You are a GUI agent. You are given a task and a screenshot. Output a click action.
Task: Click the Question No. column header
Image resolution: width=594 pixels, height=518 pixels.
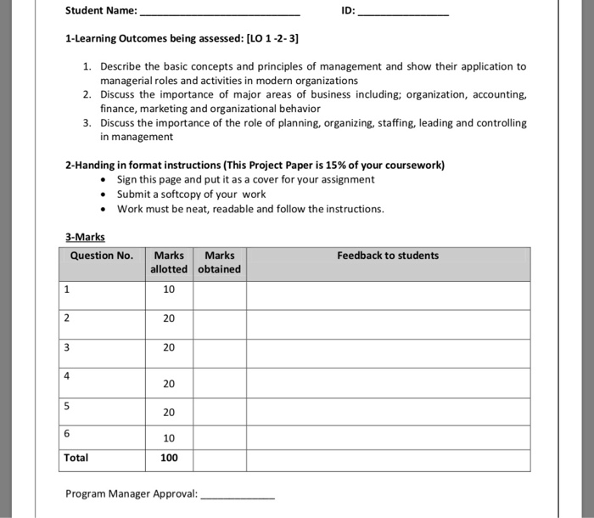[x=102, y=256]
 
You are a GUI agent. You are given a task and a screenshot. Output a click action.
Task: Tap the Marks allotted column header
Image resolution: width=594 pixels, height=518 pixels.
[x=169, y=262]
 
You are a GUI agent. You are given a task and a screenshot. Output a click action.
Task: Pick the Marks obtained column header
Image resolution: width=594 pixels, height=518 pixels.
[x=220, y=262]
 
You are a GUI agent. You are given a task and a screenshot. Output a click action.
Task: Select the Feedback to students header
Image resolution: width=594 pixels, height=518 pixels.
[x=388, y=256]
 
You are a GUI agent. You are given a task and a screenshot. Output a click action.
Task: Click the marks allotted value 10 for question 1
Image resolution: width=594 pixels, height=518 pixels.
[x=169, y=290]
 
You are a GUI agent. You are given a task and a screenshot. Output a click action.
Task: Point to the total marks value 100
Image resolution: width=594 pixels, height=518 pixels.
[x=169, y=458]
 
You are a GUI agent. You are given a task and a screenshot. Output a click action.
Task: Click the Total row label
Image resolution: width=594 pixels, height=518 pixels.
[x=76, y=458]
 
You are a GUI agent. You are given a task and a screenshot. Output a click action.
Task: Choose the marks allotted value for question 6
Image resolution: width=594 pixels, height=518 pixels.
[x=169, y=438]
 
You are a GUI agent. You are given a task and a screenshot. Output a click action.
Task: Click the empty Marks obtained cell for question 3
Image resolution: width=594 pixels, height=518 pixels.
[x=220, y=348]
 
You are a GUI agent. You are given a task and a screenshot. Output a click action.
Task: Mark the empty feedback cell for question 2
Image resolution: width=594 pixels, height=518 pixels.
[x=388, y=318]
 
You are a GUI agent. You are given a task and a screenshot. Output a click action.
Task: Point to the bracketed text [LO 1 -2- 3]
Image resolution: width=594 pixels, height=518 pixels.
[x=272, y=39]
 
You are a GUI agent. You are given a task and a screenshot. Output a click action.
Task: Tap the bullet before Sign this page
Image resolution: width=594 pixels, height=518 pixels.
[x=103, y=180]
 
